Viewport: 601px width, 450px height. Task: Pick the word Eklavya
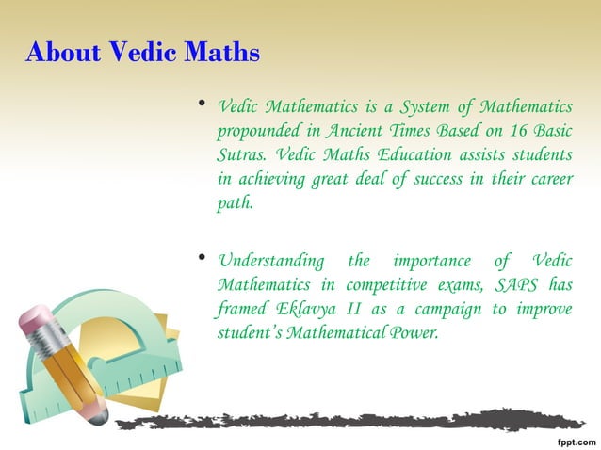[307, 310]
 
